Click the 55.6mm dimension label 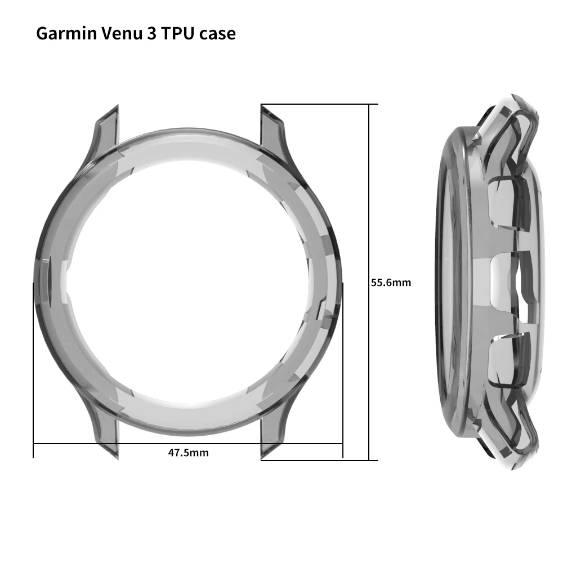391,283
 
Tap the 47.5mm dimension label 188,453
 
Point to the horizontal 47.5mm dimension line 113,444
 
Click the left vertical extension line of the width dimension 33,366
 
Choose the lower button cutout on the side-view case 504,360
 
